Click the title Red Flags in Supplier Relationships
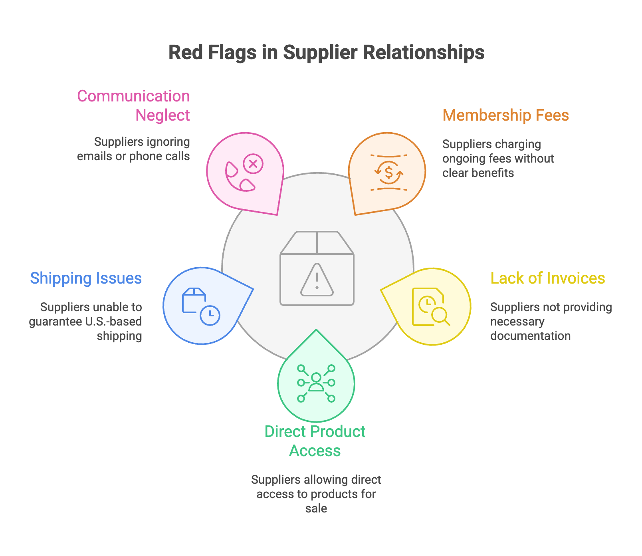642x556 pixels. click(326, 52)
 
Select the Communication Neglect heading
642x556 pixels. click(133, 105)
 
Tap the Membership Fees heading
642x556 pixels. click(505, 115)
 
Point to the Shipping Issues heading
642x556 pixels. click(86, 278)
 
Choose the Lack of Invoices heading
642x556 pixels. click(547, 278)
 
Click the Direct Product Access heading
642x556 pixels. click(315, 441)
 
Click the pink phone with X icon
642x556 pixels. click(244, 173)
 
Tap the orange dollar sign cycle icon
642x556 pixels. click(388, 173)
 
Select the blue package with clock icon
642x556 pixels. click(201, 306)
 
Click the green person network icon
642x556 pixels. click(316, 383)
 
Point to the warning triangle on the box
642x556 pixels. click(317, 280)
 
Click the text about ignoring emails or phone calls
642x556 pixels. click(133, 149)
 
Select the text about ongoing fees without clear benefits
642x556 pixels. click(498, 159)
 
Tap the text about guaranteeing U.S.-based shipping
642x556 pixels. click(85, 322)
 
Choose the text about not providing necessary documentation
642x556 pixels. click(551, 322)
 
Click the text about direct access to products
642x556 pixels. click(316, 494)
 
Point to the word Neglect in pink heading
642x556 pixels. click(162, 115)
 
